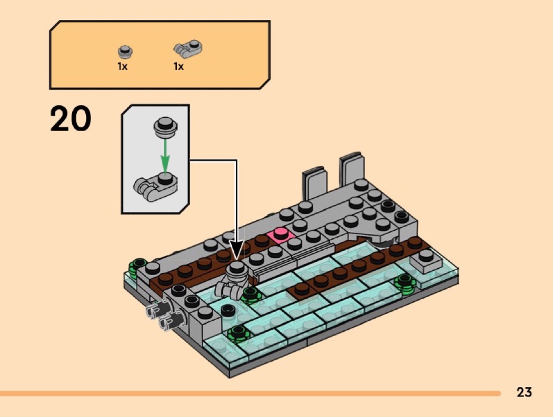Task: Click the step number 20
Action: tap(71, 119)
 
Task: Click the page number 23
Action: tap(524, 392)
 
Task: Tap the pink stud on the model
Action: tap(280, 233)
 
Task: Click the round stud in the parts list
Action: tap(125, 52)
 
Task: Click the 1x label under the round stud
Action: tap(123, 67)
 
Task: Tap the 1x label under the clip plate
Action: tap(179, 67)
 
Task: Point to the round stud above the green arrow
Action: tap(165, 126)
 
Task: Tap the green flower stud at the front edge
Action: tap(238, 333)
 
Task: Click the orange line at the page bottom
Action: tap(250, 393)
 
